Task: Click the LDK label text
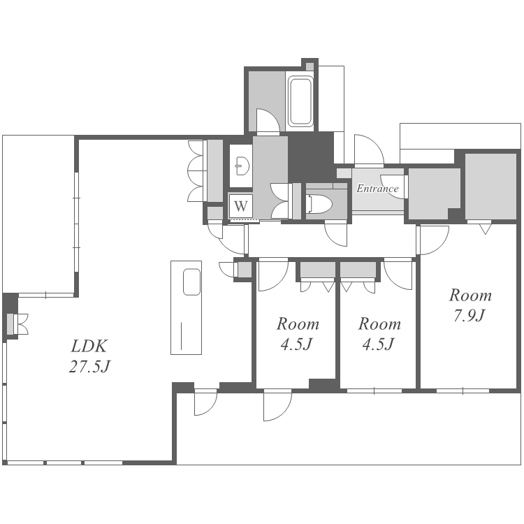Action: pos(89,346)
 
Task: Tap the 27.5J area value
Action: pos(89,366)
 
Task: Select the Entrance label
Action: pos(377,189)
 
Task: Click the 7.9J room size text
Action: pos(470,315)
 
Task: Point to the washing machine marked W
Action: pos(240,205)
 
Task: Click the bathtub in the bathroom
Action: pos(300,101)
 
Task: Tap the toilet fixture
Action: pos(319,204)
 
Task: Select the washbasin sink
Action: pos(242,166)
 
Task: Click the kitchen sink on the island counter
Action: pos(192,282)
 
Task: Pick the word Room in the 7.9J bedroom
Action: pos(470,295)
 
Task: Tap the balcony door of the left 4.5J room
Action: pos(277,405)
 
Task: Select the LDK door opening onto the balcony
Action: pos(206,402)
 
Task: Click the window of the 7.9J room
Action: pos(463,391)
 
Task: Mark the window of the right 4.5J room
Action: pos(374,391)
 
